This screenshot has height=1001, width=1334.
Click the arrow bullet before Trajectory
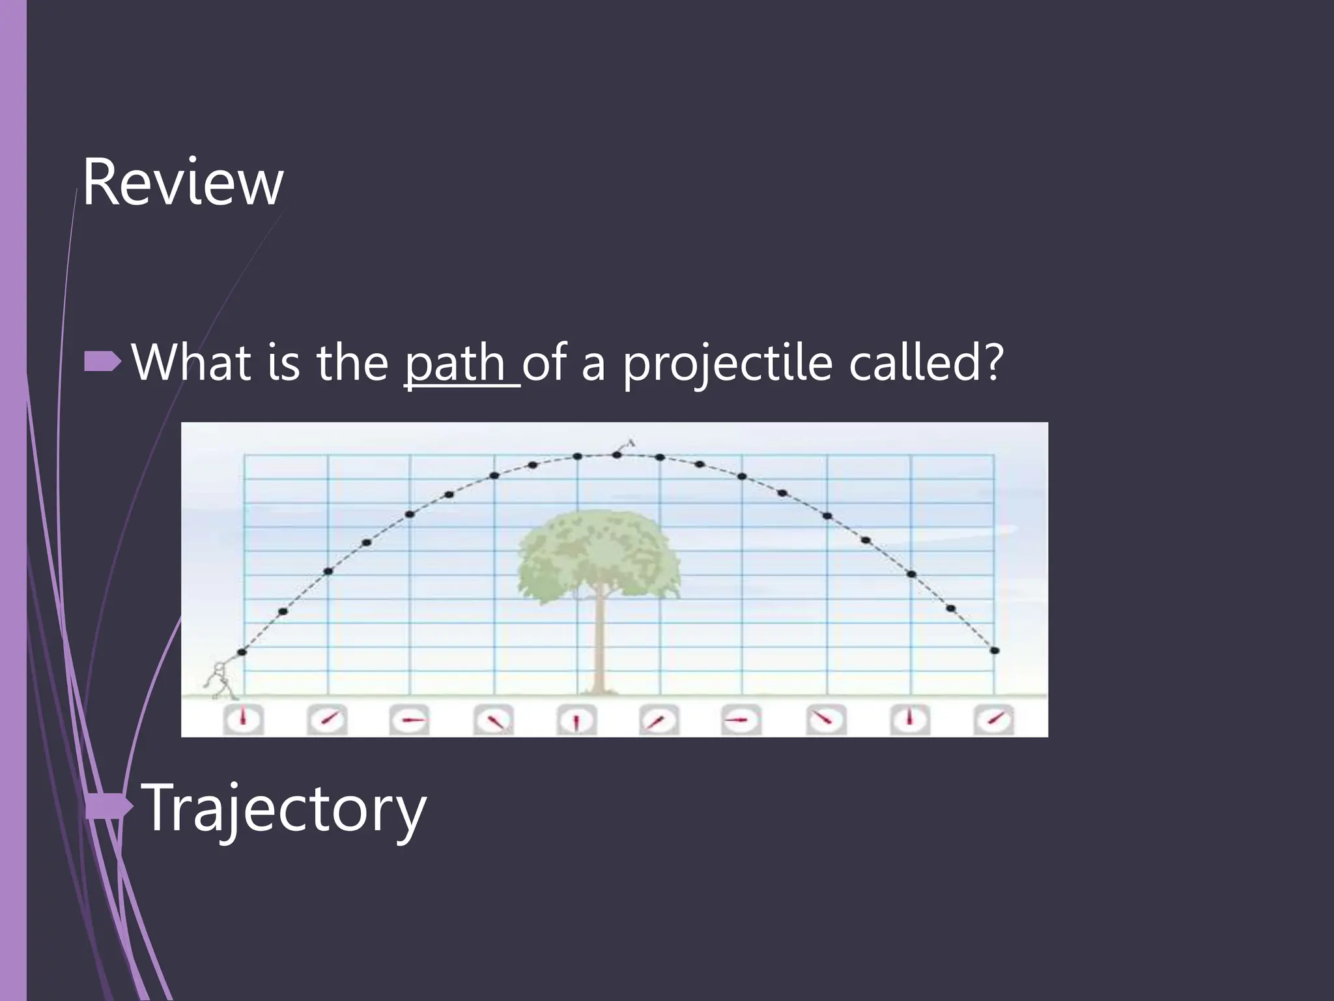109,807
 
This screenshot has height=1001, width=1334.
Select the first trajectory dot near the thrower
242,652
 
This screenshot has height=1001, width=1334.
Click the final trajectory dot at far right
995,650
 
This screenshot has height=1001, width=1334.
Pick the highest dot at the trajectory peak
617,454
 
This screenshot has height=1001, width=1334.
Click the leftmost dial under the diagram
243,720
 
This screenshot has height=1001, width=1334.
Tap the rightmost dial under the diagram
994,720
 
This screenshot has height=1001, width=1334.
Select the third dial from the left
410,720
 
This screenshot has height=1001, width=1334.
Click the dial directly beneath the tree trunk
576,720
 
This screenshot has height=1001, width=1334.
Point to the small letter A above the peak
631,444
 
